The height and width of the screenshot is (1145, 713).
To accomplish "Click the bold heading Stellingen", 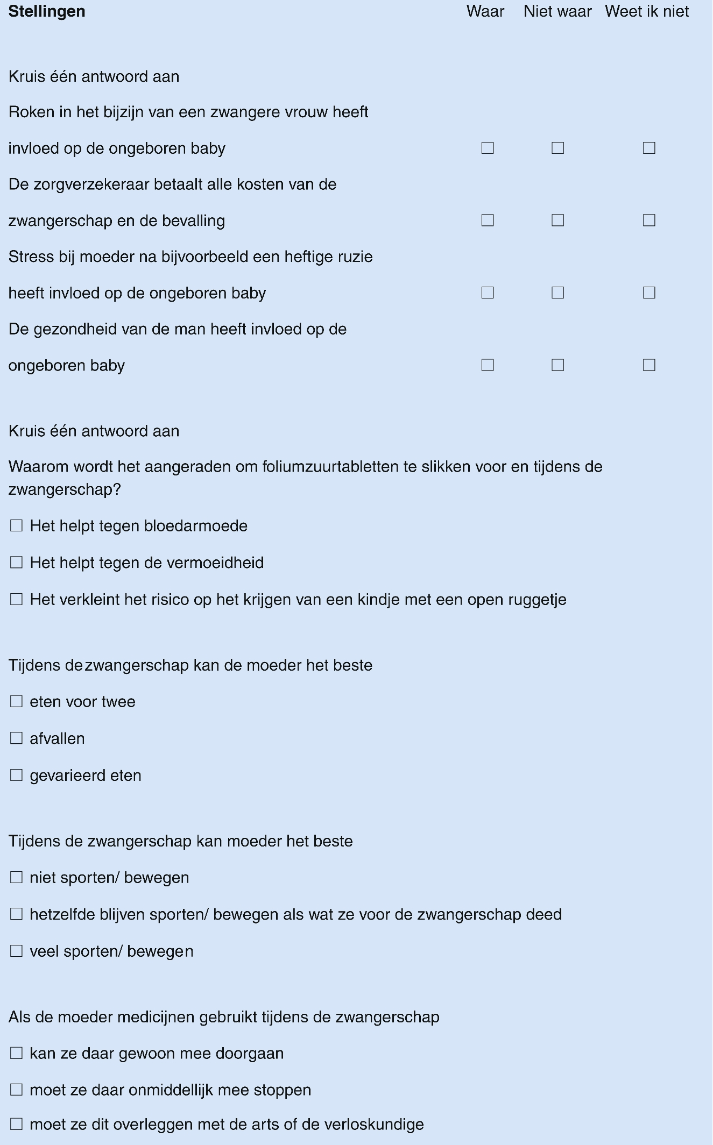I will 47,11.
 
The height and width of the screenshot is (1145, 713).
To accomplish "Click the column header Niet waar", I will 557,11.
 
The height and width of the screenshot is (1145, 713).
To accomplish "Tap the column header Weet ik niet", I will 647,11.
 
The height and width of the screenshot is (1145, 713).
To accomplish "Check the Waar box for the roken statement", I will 488,148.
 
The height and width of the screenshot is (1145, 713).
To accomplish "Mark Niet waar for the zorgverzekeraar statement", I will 557,221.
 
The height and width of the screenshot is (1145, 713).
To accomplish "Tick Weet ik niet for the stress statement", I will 649,293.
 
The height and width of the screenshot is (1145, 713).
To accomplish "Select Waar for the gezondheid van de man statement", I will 488,365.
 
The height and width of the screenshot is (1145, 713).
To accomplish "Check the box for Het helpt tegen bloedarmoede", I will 17,525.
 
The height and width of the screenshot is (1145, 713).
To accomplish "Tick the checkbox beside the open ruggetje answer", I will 17,599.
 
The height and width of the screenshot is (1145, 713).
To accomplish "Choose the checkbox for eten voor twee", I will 17,701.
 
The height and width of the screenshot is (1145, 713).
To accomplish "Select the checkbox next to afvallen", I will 17,738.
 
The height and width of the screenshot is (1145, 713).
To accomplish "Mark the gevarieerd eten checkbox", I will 17,775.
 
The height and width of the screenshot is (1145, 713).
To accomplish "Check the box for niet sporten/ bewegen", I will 17,877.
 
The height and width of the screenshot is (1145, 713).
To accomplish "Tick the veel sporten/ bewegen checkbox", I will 17,951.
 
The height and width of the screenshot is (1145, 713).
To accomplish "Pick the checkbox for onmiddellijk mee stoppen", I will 17,1090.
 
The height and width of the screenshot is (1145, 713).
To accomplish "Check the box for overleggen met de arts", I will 17,1124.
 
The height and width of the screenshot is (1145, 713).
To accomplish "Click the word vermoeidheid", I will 215,563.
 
